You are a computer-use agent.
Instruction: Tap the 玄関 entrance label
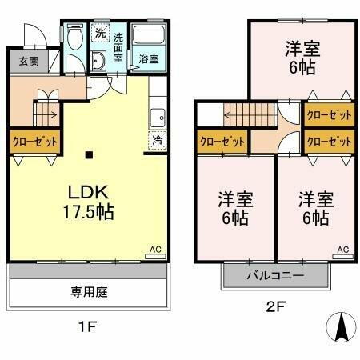[x=29, y=61]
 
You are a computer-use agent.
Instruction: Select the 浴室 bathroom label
[x=147, y=58]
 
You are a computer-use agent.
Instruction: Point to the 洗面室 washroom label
[x=118, y=47]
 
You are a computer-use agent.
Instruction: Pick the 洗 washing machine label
[x=100, y=33]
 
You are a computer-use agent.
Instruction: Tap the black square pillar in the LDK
[x=89, y=154]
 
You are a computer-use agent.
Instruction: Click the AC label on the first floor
[x=156, y=250]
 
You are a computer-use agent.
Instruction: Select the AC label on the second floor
[x=342, y=250]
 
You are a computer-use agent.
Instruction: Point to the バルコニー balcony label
[x=275, y=275]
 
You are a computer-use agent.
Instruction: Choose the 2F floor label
[x=274, y=306]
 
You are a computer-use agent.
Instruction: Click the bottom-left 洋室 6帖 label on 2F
[x=234, y=206]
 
